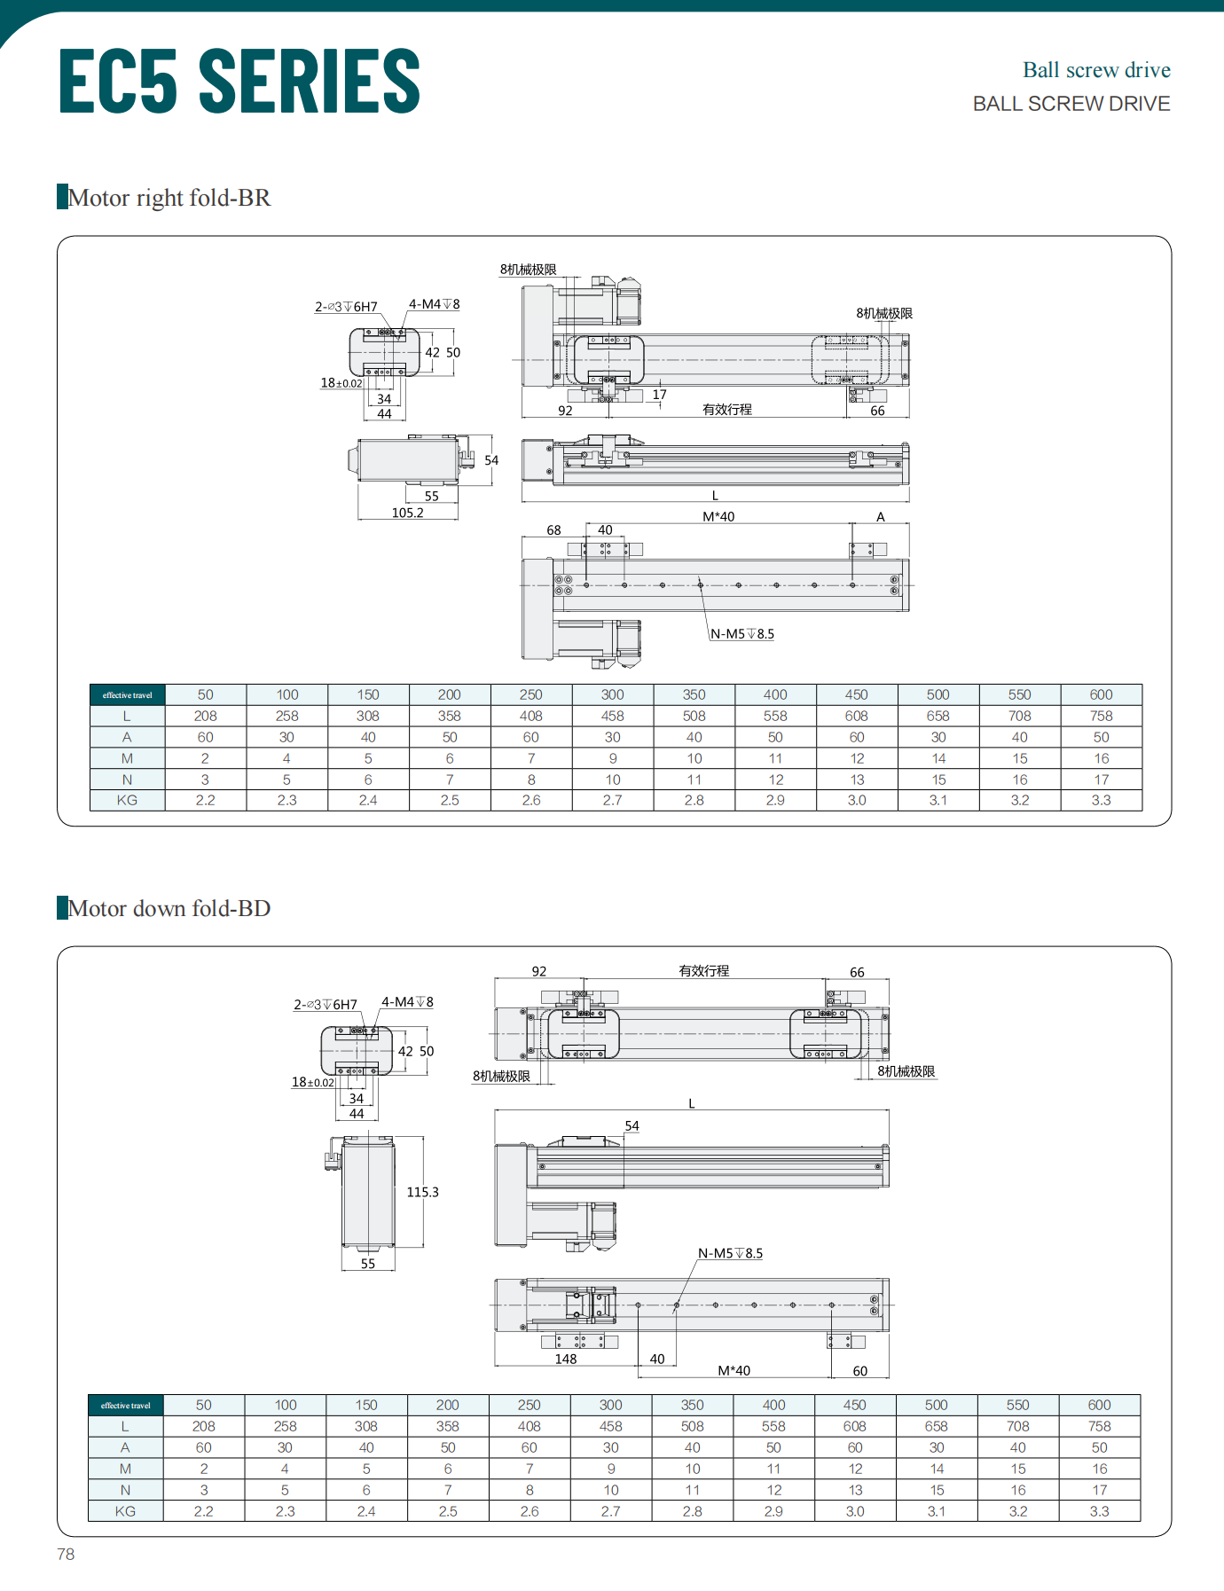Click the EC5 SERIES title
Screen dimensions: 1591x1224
pyautogui.click(x=239, y=81)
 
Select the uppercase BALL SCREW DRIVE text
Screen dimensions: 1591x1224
pyautogui.click(x=1071, y=104)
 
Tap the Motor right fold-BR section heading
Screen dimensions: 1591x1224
pyautogui.click(x=169, y=198)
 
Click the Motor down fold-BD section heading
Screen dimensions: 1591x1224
pyautogui.click(x=169, y=908)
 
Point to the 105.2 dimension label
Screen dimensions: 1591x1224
pyautogui.click(x=407, y=513)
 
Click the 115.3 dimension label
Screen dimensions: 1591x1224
pyautogui.click(x=422, y=1192)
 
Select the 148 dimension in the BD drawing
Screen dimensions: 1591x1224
pyautogui.click(x=565, y=1359)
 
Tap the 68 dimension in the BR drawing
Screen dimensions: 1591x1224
pyautogui.click(x=553, y=530)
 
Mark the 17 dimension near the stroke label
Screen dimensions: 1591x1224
pyautogui.click(x=659, y=395)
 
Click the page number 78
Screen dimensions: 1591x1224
pyautogui.click(x=66, y=1554)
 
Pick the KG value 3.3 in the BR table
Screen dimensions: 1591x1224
pyautogui.click(x=1101, y=800)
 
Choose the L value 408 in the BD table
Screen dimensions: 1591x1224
pyautogui.click(x=529, y=1426)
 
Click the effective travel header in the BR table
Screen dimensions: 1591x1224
pyautogui.click(x=127, y=695)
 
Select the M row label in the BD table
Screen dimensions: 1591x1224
pyautogui.click(x=125, y=1469)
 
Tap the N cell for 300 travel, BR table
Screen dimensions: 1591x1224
pyautogui.click(x=612, y=780)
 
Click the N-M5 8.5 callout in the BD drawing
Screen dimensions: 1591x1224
pyautogui.click(x=729, y=1253)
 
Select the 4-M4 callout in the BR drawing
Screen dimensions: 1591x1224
pyautogui.click(x=433, y=304)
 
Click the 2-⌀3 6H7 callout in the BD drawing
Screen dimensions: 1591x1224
pyautogui.click(x=326, y=1005)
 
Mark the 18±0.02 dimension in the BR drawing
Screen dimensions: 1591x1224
pyautogui.click(x=341, y=383)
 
